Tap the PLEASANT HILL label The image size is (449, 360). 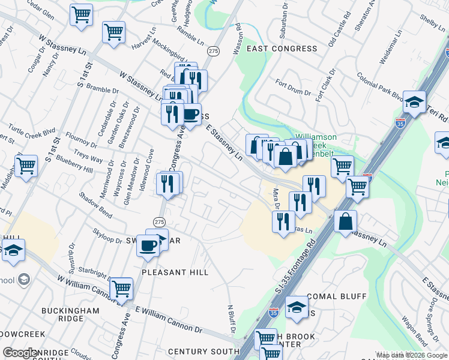click(175, 272)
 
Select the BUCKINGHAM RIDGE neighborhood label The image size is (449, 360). click(70, 314)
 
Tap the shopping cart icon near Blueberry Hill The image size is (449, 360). click(26, 166)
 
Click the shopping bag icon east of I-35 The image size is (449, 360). click(346, 221)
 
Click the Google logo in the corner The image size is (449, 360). click(20, 353)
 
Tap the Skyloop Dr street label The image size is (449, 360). click(107, 235)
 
